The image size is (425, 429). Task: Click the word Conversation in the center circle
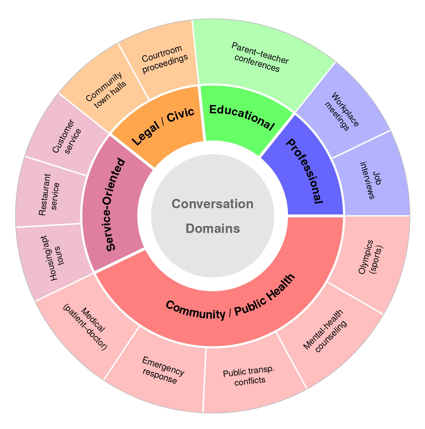pos(212,204)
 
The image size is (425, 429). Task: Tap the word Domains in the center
pos(212,228)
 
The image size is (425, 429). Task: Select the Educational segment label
pos(241,117)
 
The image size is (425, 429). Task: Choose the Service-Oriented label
pos(115,204)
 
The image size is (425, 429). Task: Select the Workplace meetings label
pos(341,112)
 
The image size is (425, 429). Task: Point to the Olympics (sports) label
pos(370,257)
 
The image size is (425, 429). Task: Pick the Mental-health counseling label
pos(324,330)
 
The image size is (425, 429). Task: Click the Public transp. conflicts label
pos(249,377)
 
